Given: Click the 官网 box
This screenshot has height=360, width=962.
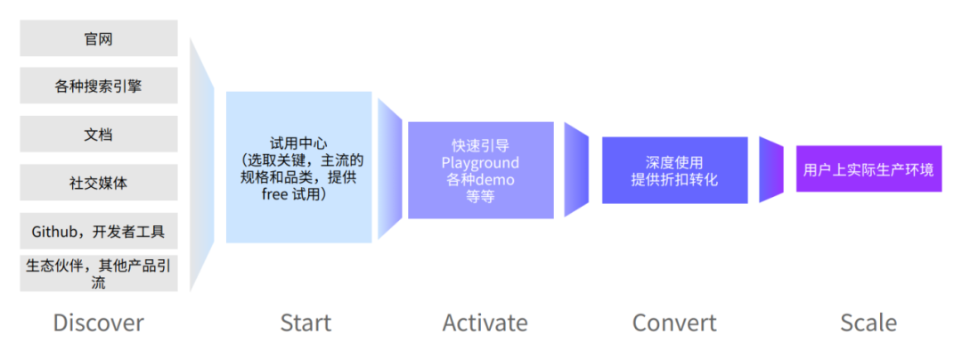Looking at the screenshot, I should click(x=98, y=39).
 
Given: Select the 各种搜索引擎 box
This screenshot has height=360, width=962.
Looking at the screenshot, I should click(x=98, y=86).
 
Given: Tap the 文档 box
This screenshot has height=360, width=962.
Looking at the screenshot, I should click(x=98, y=135).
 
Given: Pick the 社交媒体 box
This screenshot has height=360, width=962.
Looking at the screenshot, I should click(x=98, y=183).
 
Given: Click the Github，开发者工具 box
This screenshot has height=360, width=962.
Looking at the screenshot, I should click(x=98, y=232).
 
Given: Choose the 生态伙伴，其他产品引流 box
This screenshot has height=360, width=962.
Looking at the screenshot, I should click(x=98, y=273).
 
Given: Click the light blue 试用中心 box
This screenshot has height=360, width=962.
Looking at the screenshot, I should click(x=298, y=168).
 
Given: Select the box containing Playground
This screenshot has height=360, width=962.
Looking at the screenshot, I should click(x=480, y=170).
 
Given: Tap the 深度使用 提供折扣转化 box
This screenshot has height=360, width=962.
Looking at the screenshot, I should click(x=674, y=170).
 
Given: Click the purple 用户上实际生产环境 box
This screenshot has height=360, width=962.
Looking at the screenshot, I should click(x=868, y=169).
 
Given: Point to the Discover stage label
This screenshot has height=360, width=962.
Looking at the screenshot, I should click(x=98, y=323).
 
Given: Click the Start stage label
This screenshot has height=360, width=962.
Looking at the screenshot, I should click(x=305, y=323).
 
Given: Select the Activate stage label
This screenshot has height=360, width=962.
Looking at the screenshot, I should click(x=485, y=323).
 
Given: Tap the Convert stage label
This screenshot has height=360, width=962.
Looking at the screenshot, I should click(x=674, y=323).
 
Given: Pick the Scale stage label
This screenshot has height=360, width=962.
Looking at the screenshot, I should click(x=868, y=323).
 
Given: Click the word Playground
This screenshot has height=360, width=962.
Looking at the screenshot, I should click(x=480, y=162).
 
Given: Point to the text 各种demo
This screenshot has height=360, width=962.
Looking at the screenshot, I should click(x=480, y=179).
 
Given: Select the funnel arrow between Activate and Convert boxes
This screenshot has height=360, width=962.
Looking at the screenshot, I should click(x=576, y=169).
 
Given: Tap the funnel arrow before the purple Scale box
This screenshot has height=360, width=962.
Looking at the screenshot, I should click(x=770, y=169).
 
